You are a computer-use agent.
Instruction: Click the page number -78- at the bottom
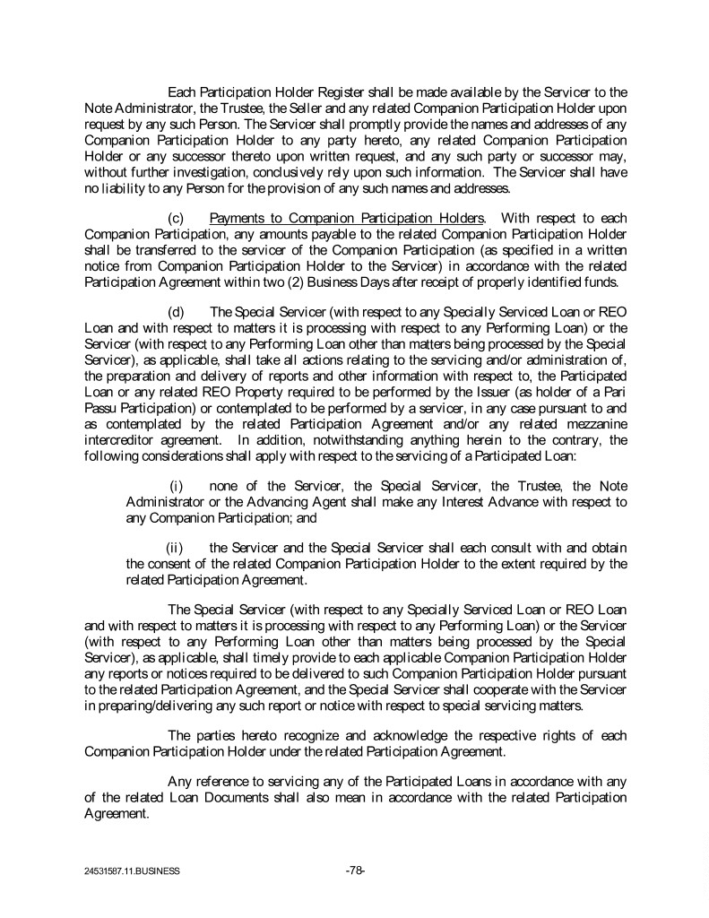(x=354, y=870)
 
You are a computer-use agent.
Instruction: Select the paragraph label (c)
(x=177, y=217)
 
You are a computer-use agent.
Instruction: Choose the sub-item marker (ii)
(x=175, y=547)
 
